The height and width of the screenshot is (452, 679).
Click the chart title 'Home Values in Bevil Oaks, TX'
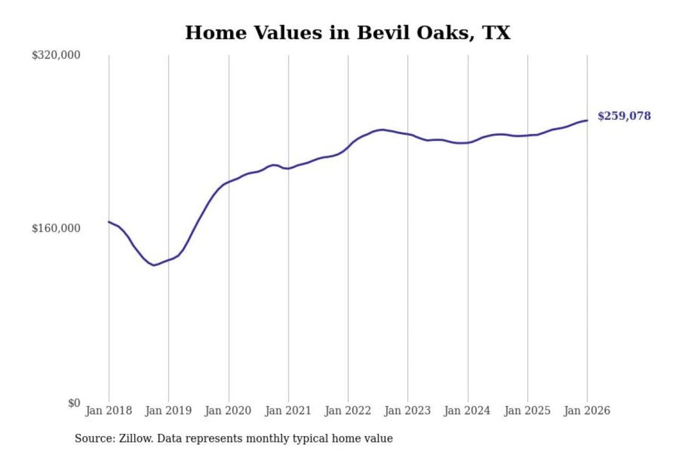click(x=348, y=33)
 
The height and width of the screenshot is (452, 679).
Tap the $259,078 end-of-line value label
click(x=624, y=116)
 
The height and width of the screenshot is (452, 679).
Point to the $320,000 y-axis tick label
click(x=56, y=55)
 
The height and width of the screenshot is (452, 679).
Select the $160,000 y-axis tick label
click(x=56, y=228)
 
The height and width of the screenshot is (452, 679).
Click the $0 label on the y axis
click(x=74, y=403)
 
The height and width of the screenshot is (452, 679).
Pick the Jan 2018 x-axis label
click(x=108, y=411)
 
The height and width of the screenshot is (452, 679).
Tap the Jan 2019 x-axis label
click(x=168, y=411)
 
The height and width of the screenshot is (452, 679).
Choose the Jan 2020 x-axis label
click(x=228, y=411)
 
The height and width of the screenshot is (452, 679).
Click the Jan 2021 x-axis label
click(x=288, y=411)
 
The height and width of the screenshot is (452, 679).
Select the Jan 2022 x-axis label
click(x=348, y=411)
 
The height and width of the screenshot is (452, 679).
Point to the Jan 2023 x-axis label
click(x=407, y=411)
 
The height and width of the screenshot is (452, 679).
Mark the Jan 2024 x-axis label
click(x=467, y=411)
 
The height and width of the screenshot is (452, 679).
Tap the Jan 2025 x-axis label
click(x=527, y=411)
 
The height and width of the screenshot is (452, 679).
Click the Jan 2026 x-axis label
click(x=587, y=411)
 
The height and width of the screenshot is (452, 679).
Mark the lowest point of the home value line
click(x=153, y=265)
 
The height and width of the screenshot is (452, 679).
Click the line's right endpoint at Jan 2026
click(x=587, y=121)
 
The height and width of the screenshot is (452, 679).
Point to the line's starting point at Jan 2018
click(x=109, y=222)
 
